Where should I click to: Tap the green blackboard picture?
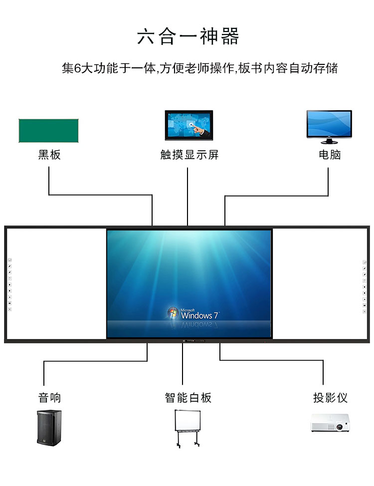pos(48,131)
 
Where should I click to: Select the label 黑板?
pos(49,155)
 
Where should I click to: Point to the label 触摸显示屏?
pos(189,155)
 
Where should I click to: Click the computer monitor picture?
pos(329,123)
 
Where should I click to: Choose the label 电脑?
pos(330,155)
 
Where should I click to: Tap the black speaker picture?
pos(49,427)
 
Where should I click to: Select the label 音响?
pos(49,398)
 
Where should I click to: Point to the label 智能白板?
pos(188,398)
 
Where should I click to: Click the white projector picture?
pos(329,424)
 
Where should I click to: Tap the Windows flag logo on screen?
pos(173,313)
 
